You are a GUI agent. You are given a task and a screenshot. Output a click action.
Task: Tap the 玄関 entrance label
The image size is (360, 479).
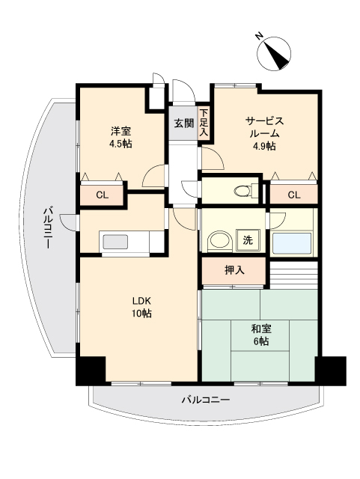(x=183, y=123)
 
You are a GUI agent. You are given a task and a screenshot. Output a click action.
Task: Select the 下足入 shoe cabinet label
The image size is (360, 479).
(x=204, y=123)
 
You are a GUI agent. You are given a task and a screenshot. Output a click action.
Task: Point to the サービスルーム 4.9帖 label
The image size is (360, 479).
(x=264, y=132)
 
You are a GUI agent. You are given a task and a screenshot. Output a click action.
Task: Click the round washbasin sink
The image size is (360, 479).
(x=218, y=241)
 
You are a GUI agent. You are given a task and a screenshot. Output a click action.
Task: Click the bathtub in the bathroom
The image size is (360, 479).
(x=293, y=242)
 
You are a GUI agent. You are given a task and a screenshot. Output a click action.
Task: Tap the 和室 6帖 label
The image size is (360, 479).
(x=260, y=335)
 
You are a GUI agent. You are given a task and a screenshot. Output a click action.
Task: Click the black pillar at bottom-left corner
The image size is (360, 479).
(x=91, y=370)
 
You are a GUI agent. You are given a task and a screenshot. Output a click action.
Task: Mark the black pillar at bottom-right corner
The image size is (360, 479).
(x=330, y=369)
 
